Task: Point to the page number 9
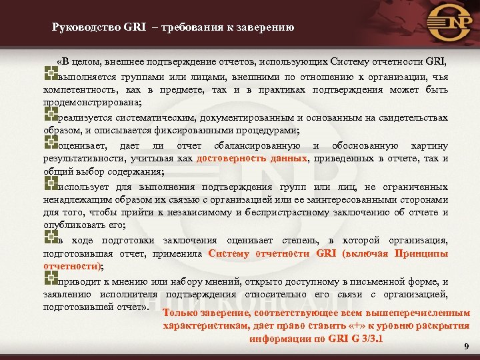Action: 466,346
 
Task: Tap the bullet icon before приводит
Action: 48,280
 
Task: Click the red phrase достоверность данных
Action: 253,158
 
